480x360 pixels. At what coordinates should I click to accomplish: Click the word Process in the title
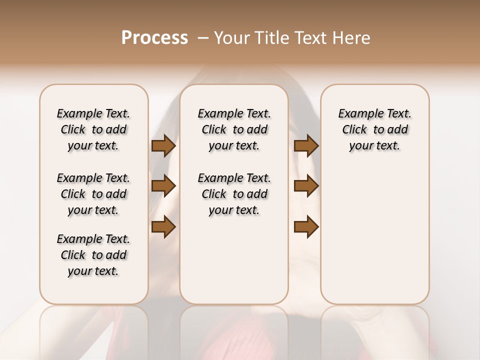[154, 37]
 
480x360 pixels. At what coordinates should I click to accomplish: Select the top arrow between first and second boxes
[163, 146]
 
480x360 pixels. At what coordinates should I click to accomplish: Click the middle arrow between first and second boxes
[163, 186]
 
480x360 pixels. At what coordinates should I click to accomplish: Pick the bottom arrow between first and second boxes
[163, 227]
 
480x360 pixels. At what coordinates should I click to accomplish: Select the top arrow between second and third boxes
[306, 146]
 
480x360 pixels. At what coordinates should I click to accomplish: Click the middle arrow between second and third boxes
[306, 186]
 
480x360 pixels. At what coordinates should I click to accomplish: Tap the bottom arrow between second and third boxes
[306, 227]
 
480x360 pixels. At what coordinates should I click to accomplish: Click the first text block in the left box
[93, 129]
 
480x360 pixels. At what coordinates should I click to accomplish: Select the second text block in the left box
[93, 194]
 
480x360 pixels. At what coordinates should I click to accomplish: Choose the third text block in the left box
[93, 255]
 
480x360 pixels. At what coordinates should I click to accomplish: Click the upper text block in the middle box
[234, 129]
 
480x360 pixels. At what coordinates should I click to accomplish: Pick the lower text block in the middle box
[234, 194]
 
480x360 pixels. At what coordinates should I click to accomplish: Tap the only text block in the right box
[374, 129]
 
